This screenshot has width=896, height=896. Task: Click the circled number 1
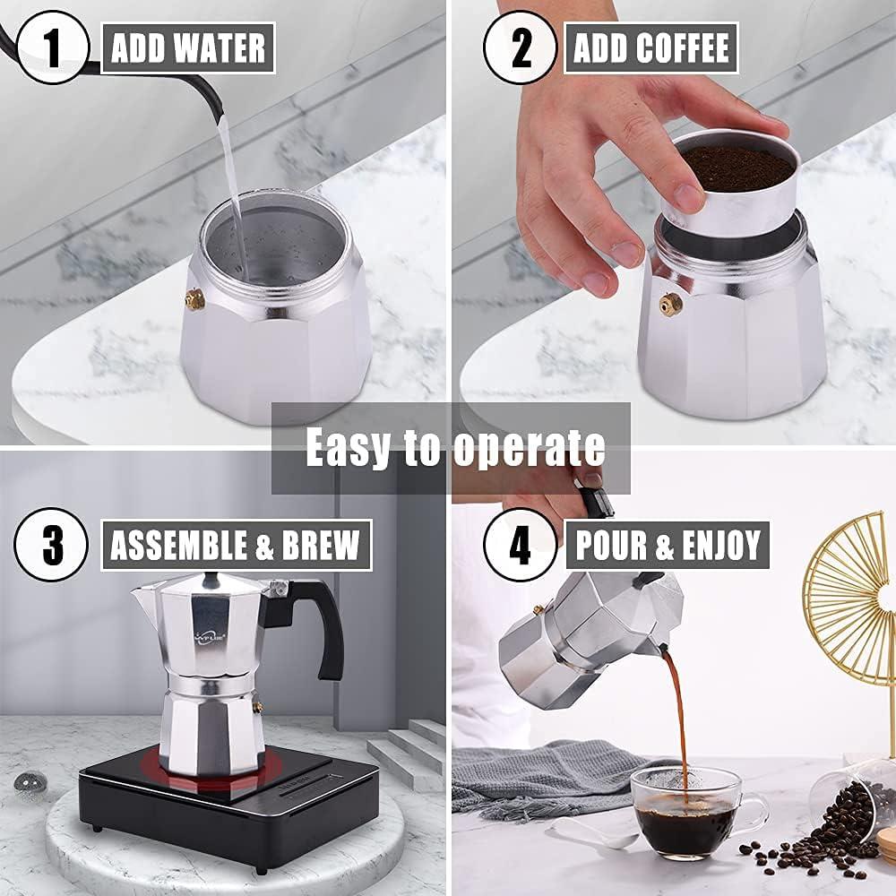coord(52,47)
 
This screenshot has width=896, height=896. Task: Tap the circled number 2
coord(521,47)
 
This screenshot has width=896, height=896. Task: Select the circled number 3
coord(52,544)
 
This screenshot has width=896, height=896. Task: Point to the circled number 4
coord(521,544)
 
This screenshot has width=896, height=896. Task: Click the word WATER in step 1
coord(222,47)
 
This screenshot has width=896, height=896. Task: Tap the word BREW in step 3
coord(315,544)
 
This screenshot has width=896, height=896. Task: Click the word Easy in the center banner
coord(349,446)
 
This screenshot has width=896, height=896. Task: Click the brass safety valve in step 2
coord(669,305)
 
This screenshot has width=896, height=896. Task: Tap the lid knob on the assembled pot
coord(211,578)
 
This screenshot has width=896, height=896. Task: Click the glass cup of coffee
coord(686,811)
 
